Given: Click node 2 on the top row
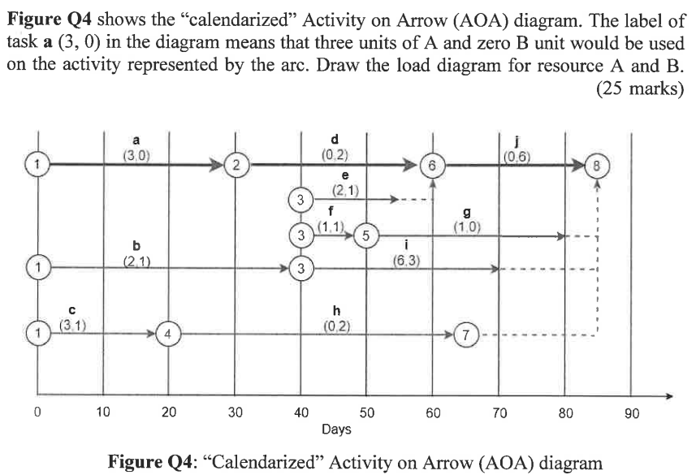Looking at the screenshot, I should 236,165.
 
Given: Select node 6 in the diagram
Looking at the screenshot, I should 432,165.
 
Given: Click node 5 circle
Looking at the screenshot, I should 366,236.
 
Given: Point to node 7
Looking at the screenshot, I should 465,334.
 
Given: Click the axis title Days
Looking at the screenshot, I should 336,429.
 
